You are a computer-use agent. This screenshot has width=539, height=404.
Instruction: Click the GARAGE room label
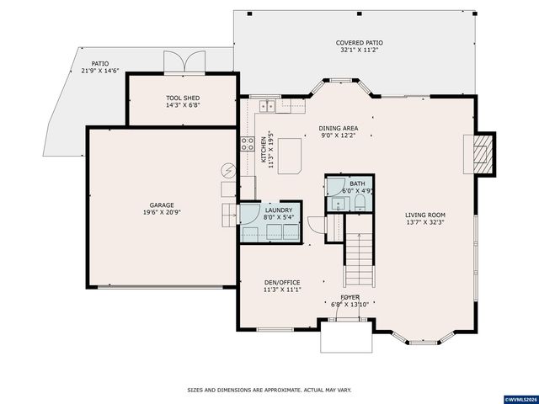162,205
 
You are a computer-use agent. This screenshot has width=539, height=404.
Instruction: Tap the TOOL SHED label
183,98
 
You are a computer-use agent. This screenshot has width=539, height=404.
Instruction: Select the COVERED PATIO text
360,42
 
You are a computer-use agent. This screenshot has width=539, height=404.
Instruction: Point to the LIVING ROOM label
424,215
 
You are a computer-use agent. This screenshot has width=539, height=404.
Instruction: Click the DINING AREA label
338,128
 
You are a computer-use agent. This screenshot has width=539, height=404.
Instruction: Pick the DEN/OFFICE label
281,282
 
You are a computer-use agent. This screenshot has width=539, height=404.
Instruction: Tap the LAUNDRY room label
279,210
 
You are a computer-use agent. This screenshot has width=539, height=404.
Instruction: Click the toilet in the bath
360,202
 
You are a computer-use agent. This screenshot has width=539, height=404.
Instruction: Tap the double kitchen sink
268,106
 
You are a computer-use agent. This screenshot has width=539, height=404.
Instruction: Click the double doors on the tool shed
184,63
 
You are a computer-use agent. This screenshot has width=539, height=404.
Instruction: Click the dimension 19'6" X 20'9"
162,213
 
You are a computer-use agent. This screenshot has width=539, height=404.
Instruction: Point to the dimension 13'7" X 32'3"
424,222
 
